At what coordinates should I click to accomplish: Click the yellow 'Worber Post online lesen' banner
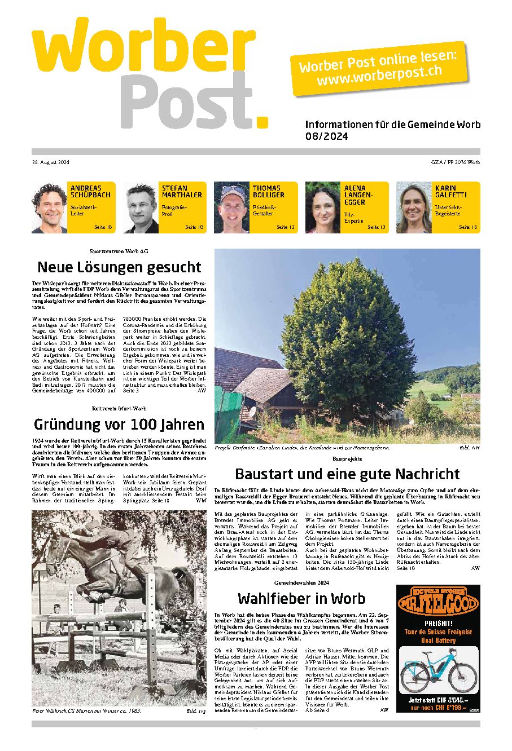(x=378, y=68)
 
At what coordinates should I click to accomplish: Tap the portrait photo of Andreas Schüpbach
(x=50, y=208)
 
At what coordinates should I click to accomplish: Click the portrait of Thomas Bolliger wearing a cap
(x=231, y=208)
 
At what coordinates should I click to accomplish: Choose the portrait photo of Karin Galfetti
(x=414, y=208)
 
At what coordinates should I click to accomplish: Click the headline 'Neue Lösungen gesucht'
(x=119, y=267)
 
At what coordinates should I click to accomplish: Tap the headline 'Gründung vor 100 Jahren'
(x=119, y=424)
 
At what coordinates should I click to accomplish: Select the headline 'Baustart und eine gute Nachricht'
(x=347, y=474)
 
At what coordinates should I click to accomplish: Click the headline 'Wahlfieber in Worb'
(x=301, y=598)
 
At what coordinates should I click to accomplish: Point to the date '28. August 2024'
(x=50, y=163)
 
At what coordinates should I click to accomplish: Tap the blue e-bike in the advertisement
(x=439, y=670)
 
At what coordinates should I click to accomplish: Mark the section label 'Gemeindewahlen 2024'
(x=301, y=581)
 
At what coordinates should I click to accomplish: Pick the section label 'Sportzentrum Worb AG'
(x=119, y=250)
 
